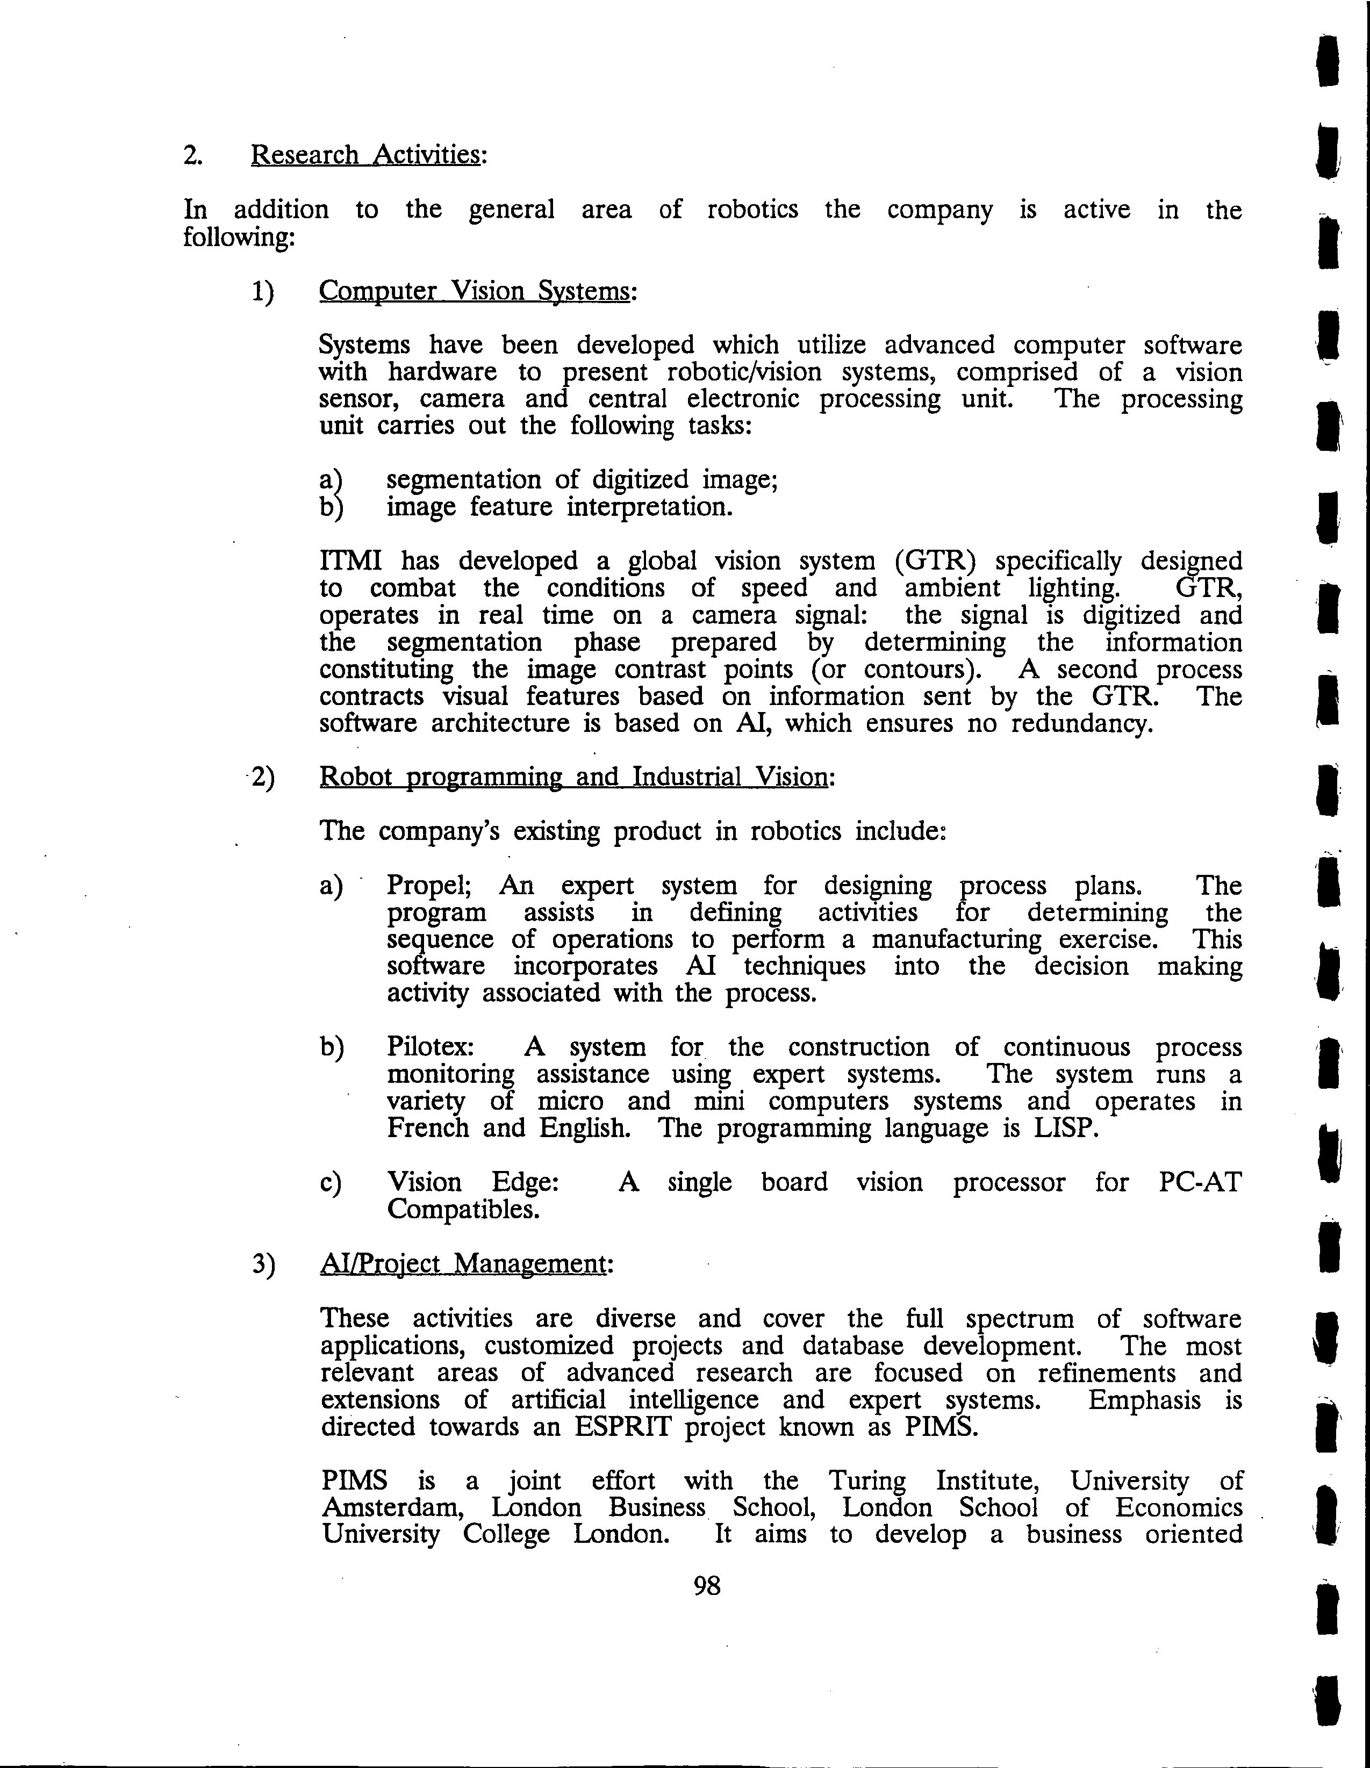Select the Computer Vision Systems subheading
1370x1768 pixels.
coord(474,291)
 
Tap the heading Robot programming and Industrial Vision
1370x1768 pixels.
coord(574,777)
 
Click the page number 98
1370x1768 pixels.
coord(707,1586)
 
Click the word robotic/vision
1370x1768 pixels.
coord(743,372)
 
